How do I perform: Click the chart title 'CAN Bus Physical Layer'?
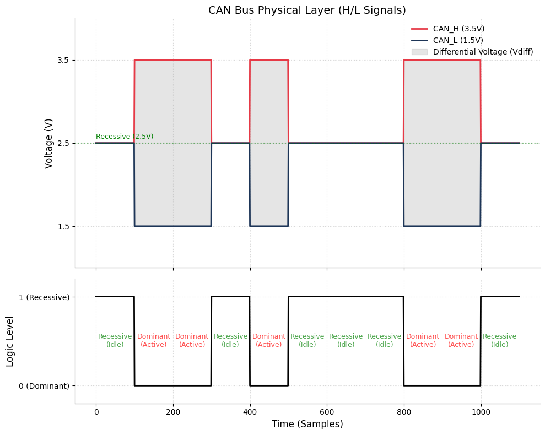coord(307,10)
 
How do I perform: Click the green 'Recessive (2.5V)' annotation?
coord(125,137)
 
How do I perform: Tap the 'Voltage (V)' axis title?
coord(49,143)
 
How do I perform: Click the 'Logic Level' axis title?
coord(10,341)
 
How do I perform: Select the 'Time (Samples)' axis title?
coord(307,424)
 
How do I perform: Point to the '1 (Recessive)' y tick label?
coord(44,297)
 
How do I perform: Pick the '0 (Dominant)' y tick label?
coord(44,386)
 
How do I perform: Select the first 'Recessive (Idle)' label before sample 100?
coord(115,341)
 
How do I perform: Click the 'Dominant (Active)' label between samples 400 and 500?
coord(269,341)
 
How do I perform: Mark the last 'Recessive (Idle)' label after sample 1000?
coord(500,341)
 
